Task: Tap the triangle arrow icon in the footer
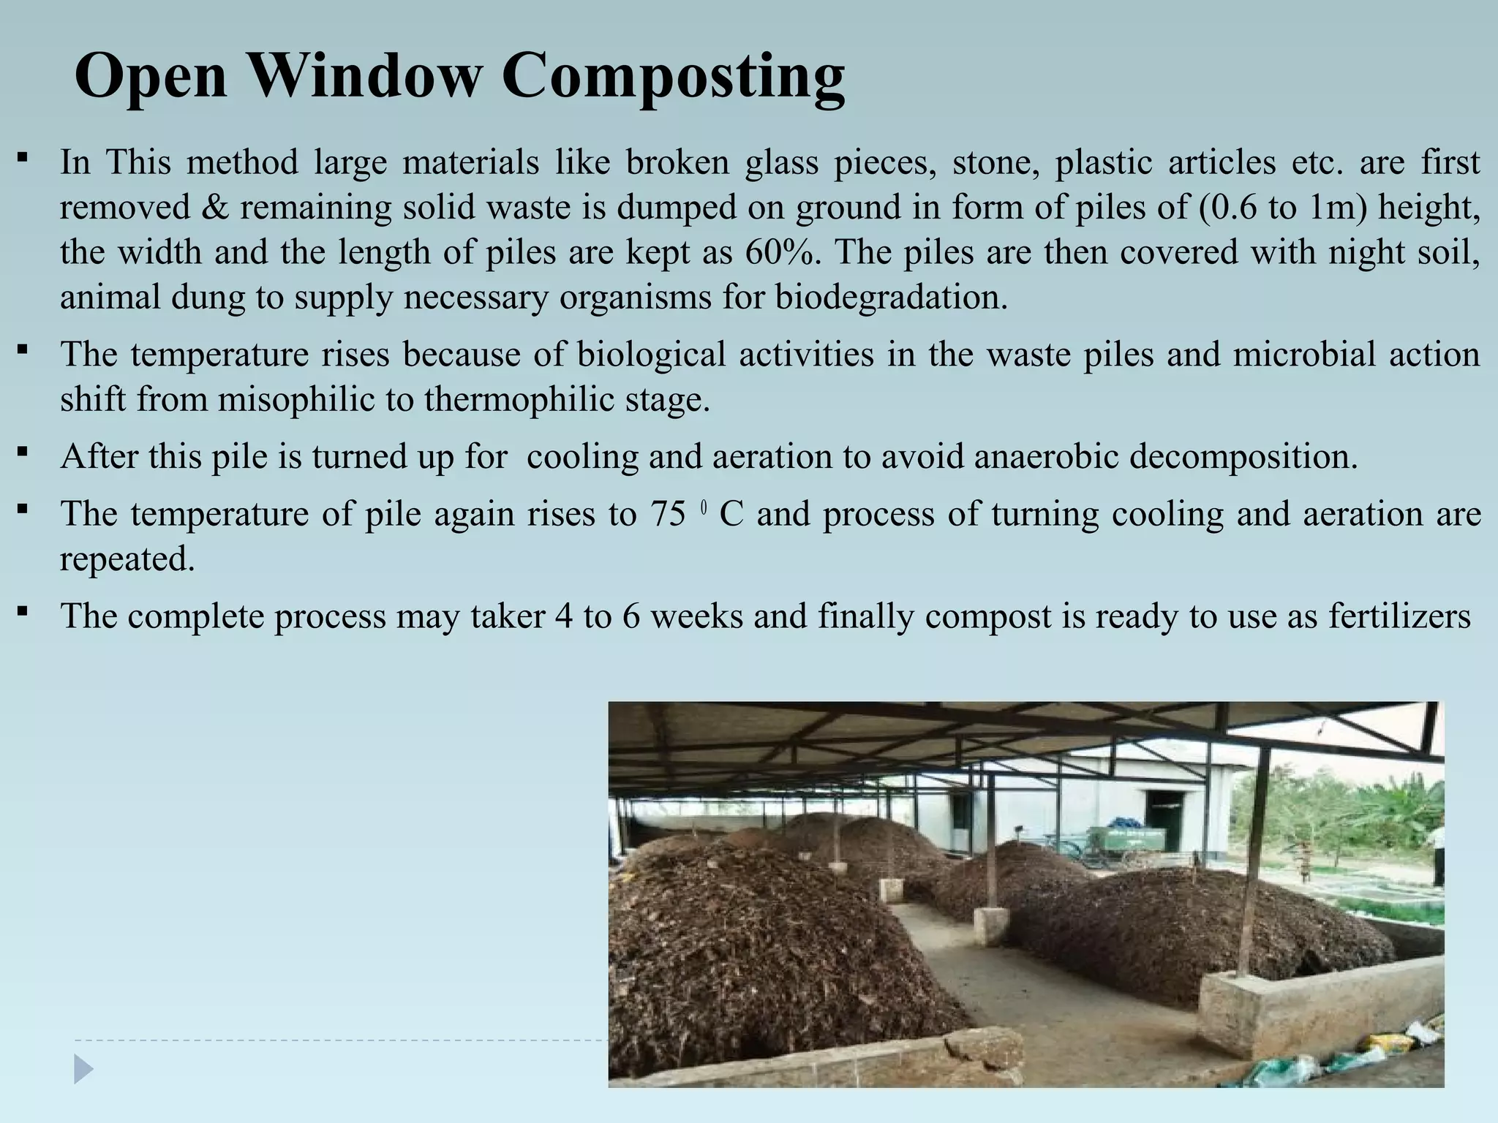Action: (83, 1070)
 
